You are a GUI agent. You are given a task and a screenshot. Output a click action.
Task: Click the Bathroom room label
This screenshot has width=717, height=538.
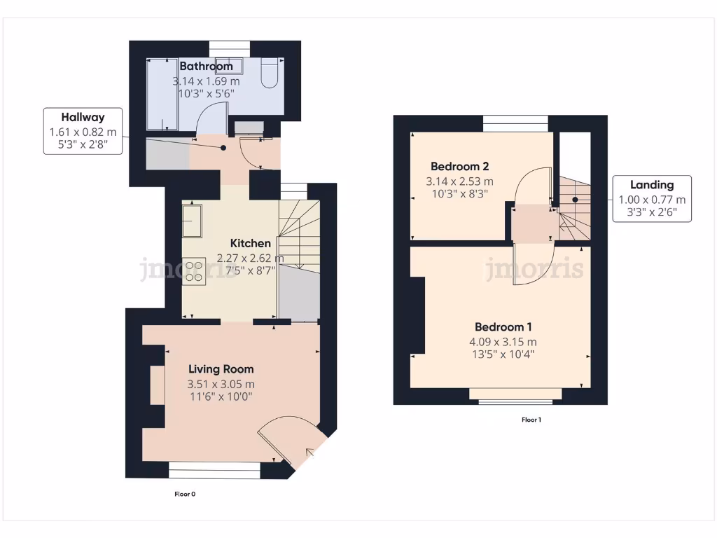[x=206, y=67]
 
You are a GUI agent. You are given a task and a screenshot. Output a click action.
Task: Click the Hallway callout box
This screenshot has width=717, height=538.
[x=83, y=131]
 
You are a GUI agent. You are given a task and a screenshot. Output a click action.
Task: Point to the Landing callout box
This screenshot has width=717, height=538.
[x=651, y=198]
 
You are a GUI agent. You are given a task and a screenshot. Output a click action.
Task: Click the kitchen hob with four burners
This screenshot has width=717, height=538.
[x=194, y=270]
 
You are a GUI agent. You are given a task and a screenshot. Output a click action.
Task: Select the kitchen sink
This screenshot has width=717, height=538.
[x=192, y=221]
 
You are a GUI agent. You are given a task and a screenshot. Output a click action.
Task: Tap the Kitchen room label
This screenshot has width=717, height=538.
[x=251, y=243]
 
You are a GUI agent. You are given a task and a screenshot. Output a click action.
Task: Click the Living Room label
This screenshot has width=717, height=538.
[x=221, y=369]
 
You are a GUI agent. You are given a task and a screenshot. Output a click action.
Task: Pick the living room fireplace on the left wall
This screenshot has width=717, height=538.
[x=157, y=385]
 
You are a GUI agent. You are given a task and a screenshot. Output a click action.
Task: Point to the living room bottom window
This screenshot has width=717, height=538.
[x=215, y=469]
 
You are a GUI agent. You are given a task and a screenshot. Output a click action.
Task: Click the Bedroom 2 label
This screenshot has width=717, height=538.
[x=459, y=167]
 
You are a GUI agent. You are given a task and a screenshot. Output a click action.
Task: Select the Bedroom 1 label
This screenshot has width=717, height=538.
[x=503, y=327]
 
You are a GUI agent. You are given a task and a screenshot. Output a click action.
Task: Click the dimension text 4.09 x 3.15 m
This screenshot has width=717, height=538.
[x=503, y=342]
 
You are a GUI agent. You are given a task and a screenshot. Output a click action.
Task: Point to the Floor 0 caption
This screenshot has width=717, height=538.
[x=185, y=494]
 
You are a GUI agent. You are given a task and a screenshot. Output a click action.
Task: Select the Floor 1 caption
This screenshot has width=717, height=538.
[x=531, y=420]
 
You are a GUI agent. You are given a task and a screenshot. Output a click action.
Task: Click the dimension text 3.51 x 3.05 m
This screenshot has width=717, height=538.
[x=221, y=384]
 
